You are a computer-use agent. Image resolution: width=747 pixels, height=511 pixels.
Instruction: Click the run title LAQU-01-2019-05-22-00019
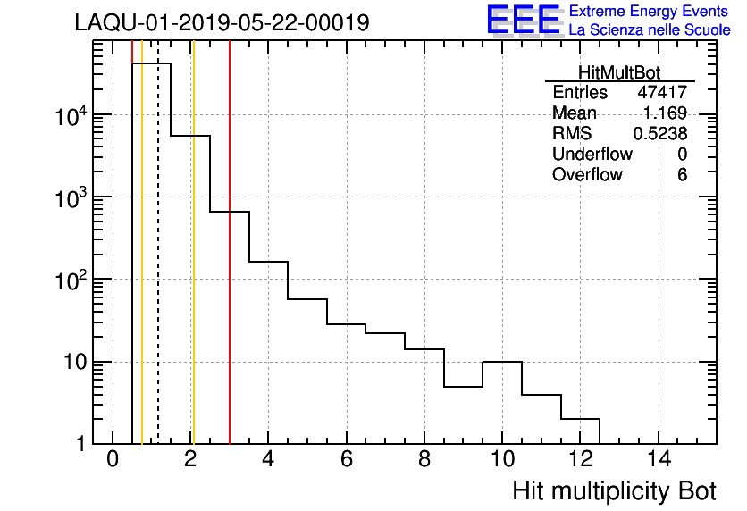click(222, 23)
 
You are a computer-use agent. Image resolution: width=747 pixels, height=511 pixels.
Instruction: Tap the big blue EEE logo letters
click(523, 21)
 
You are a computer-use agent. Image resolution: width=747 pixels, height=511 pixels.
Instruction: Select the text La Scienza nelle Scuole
click(650, 30)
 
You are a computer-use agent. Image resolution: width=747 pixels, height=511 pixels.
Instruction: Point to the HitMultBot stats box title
click(619, 72)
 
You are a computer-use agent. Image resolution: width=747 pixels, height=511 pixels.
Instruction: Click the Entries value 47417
click(661, 93)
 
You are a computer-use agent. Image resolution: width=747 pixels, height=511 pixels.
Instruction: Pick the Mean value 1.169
click(665, 113)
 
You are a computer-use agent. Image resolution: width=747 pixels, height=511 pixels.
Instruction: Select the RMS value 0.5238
click(659, 134)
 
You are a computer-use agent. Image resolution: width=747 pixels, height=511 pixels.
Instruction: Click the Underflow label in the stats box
click(592, 155)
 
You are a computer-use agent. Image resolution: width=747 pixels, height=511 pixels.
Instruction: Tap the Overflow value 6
click(682, 175)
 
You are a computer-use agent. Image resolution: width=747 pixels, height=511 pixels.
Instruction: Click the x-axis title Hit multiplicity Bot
click(614, 490)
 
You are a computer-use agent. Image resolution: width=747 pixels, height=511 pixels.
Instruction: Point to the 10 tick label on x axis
click(501, 461)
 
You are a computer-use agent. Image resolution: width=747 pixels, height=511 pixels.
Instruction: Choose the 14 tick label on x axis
click(658, 461)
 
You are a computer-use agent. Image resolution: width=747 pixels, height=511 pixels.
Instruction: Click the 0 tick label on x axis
click(113, 461)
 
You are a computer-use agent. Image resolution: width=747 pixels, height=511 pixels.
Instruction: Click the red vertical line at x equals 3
click(230, 268)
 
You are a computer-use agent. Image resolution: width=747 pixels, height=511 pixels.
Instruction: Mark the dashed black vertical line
click(158, 268)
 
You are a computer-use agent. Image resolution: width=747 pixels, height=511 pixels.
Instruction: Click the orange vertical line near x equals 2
click(192, 268)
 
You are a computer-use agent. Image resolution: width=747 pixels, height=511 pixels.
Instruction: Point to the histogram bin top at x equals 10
click(501, 362)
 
